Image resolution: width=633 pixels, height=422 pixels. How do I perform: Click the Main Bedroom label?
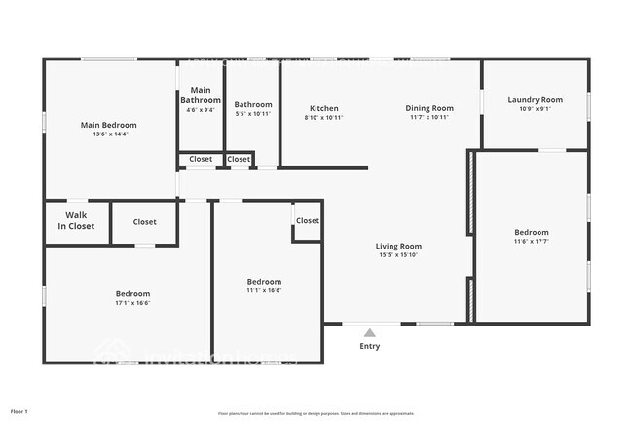click(x=108, y=125)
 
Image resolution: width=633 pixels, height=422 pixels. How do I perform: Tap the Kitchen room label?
click(x=324, y=108)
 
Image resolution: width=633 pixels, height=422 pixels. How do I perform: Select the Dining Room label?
click(x=429, y=108)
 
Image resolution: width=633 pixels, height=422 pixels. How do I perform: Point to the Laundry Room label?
click(x=535, y=100)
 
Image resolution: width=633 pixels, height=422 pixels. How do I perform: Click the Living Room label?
click(x=398, y=247)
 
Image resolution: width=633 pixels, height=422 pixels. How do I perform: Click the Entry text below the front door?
click(x=370, y=346)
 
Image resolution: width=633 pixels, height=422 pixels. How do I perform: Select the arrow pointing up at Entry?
click(x=370, y=333)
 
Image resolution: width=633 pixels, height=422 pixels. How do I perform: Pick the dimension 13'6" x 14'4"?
click(x=108, y=134)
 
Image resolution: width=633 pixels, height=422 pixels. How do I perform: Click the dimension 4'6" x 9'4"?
click(x=201, y=110)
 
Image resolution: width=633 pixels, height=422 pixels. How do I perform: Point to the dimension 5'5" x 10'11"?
click(x=253, y=114)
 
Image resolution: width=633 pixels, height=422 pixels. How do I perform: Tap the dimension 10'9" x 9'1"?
click(x=535, y=109)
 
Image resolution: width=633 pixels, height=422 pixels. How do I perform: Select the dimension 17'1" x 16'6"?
click(x=133, y=303)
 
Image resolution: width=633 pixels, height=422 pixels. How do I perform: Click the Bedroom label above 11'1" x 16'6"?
click(x=264, y=282)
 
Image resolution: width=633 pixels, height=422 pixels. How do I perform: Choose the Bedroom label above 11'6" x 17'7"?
click(x=532, y=232)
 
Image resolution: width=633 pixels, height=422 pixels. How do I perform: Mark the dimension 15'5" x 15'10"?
click(x=398, y=255)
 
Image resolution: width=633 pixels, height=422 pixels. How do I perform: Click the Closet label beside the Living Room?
click(x=308, y=221)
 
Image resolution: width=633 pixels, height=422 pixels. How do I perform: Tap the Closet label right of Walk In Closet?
click(x=145, y=222)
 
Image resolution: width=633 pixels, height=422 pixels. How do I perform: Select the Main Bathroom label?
click(x=201, y=95)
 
